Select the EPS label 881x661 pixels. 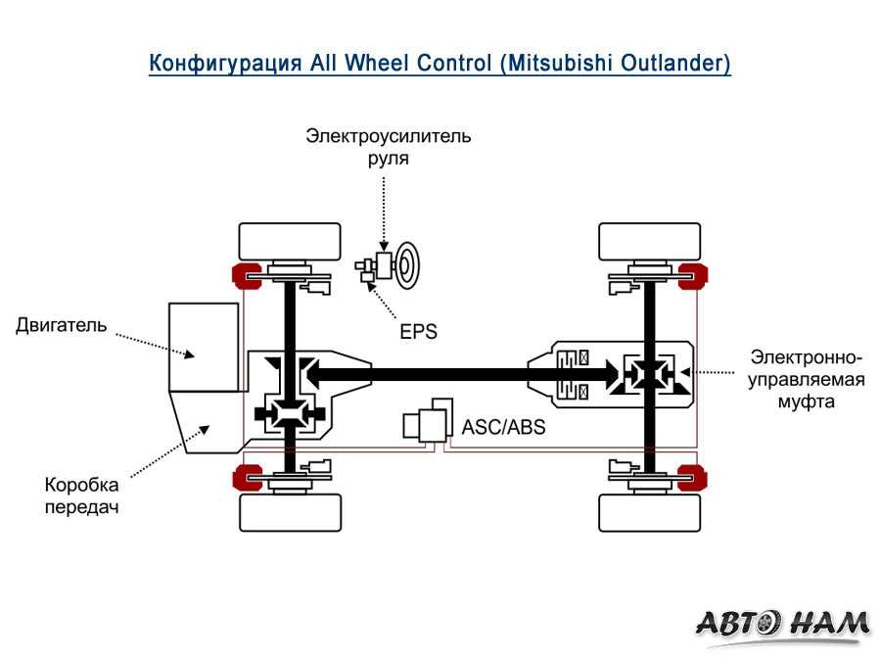point(418,331)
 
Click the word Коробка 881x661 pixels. point(81,485)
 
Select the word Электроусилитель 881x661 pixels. point(388,136)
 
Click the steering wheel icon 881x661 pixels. point(407,262)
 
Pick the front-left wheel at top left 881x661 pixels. point(290,241)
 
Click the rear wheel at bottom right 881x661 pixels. point(650,512)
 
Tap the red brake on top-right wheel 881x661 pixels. point(695,276)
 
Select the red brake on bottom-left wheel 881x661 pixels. point(243,478)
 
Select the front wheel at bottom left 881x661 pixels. point(290,512)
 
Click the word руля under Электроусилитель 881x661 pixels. point(388,158)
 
